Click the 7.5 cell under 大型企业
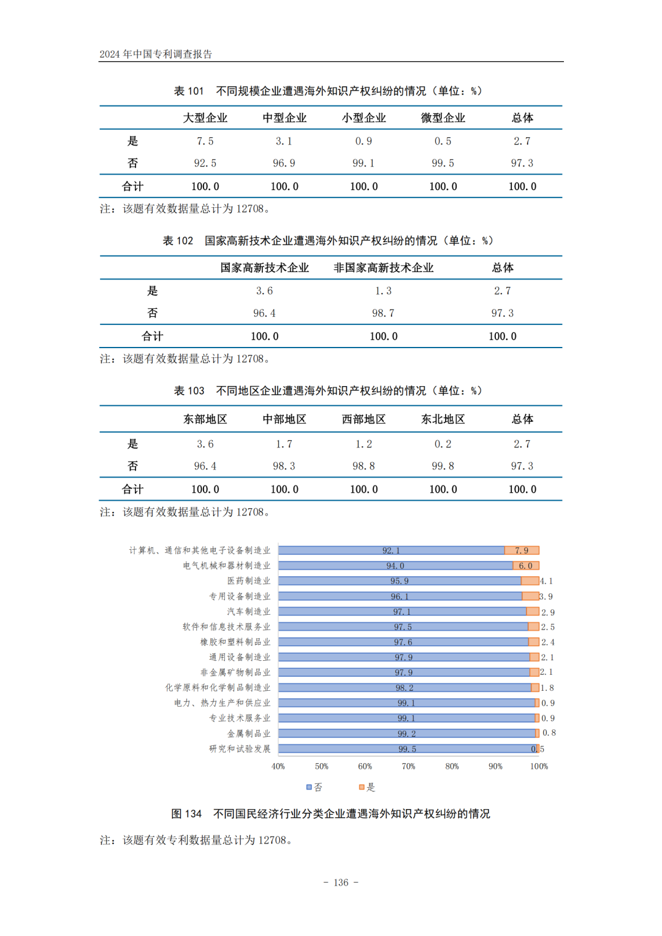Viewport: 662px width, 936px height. point(205,141)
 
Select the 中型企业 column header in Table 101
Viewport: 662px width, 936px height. point(284,118)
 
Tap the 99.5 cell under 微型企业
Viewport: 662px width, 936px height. point(443,163)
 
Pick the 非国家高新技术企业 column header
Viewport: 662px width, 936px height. point(383,268)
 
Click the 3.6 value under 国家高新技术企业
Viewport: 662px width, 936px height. point(264,291)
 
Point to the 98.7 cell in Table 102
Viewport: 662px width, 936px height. point(383,313)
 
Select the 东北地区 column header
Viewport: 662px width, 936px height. point(443,419)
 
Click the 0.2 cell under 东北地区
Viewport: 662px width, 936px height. point(443,444)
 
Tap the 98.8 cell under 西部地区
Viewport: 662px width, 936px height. point(363,466)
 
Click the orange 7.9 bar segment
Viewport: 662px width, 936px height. point(522,550)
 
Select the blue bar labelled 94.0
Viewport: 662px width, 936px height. point(395,566)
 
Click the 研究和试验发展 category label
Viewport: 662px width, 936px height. point(240,748)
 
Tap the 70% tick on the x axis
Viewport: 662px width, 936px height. point(408,766)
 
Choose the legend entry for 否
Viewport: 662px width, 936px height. point(314,787)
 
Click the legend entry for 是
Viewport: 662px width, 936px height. point(367,787)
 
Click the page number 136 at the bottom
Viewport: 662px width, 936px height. point(341,883)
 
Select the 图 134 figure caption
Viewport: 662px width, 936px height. point(330,813)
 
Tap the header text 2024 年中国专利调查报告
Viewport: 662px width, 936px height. point(156,54)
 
